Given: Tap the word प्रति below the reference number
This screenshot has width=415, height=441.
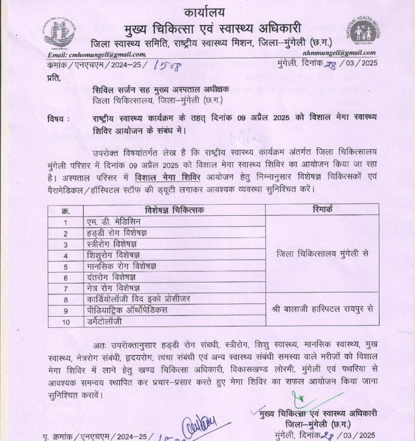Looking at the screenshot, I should coord(54,77).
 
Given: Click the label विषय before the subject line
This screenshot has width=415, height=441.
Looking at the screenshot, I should coord(58,118).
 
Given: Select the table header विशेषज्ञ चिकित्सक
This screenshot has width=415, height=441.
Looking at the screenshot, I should coord(174,210).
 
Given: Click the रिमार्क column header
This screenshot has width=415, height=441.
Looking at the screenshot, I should coord(322,210).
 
